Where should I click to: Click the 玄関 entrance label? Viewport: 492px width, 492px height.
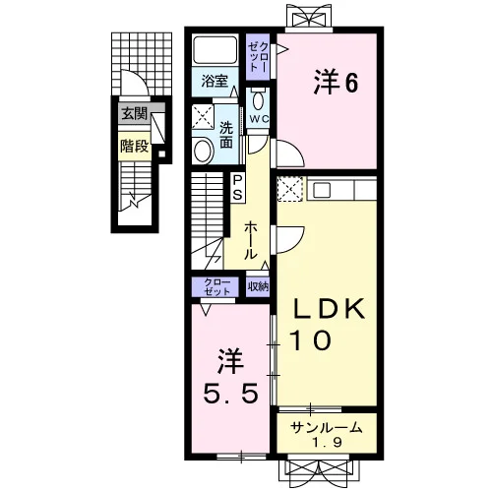pos(135,114)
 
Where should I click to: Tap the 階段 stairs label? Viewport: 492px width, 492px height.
pos(135,146)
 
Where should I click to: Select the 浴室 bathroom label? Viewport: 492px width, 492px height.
pos(215,81)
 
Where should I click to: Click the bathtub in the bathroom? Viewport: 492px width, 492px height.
pos(215,50)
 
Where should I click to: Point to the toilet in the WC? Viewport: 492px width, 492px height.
pos(259,99)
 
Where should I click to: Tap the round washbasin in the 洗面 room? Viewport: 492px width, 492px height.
pos(203,151)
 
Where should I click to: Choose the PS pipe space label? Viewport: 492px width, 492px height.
pos(237,188)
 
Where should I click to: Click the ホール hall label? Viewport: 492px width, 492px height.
pos(251,240)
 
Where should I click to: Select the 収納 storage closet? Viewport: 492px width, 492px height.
pos(258,287)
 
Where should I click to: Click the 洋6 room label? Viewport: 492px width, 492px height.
pos(336,82)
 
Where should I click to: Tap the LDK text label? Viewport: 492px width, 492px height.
pos(329,309)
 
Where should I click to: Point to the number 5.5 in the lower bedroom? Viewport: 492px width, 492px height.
pos(230,394)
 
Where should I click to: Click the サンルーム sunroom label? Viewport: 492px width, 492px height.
pos(327,428)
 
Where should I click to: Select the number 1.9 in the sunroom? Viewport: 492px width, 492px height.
pos(327,443)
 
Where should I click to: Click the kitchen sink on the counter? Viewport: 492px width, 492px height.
pos(322,190)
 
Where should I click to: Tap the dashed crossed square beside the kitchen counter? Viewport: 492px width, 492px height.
pos(290,189)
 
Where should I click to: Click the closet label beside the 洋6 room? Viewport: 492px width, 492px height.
pos(259,57)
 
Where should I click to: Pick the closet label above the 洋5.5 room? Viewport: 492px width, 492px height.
pos(217,286)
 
